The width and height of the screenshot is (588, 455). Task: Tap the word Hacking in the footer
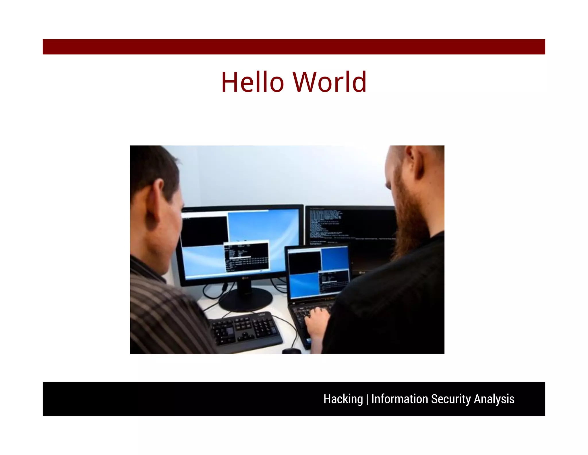343,399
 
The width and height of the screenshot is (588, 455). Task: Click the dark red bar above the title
294,47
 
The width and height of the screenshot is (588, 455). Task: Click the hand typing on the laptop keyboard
317,321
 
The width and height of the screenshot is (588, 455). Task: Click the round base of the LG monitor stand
245,300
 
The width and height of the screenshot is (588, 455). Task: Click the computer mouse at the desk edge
291,351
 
